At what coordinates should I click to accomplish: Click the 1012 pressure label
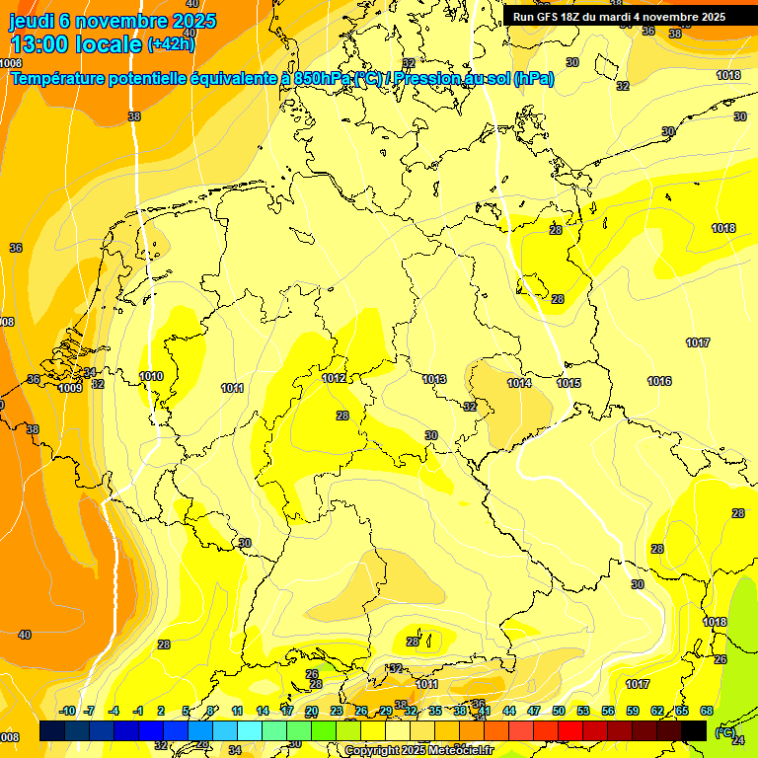pos(334,378)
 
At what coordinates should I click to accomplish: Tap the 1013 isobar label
pos(434,379)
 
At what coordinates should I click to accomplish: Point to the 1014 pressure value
pos(519,383)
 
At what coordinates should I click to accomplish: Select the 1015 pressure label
pos(568,383)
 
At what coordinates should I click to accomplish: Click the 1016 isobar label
pos(659,381)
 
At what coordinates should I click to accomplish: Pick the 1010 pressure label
pos(151,376)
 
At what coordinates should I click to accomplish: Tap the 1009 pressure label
pos(70,388)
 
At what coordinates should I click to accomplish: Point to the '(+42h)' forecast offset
pos(171,43)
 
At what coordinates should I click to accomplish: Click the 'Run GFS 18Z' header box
pos(619,16)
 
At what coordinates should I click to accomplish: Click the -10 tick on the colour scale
pos(67,711)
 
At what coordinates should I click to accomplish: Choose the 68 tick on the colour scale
pos(707,711)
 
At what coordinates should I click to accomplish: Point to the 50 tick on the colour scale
pos(559,711)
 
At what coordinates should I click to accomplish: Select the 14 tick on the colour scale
pos(263,711)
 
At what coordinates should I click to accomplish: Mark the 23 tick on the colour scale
pos(337,711)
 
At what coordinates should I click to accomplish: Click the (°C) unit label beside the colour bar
pos(724,731)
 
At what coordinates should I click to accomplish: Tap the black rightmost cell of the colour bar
pos(694,730)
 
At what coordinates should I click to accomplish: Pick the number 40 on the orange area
pos(25,635)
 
